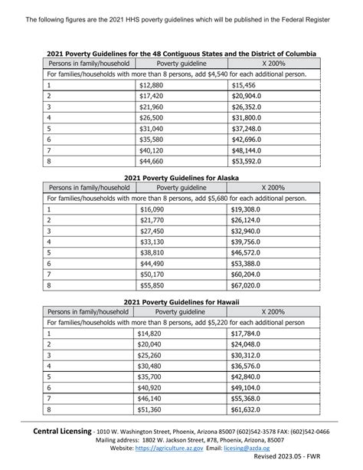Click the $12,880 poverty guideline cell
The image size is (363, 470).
coord(151,85)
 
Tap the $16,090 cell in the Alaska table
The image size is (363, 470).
coord(151,209)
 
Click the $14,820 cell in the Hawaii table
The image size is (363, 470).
coord(151,334)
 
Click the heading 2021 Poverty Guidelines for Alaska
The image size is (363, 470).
coord(181,176)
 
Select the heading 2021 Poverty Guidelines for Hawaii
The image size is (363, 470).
coord(181,301)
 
